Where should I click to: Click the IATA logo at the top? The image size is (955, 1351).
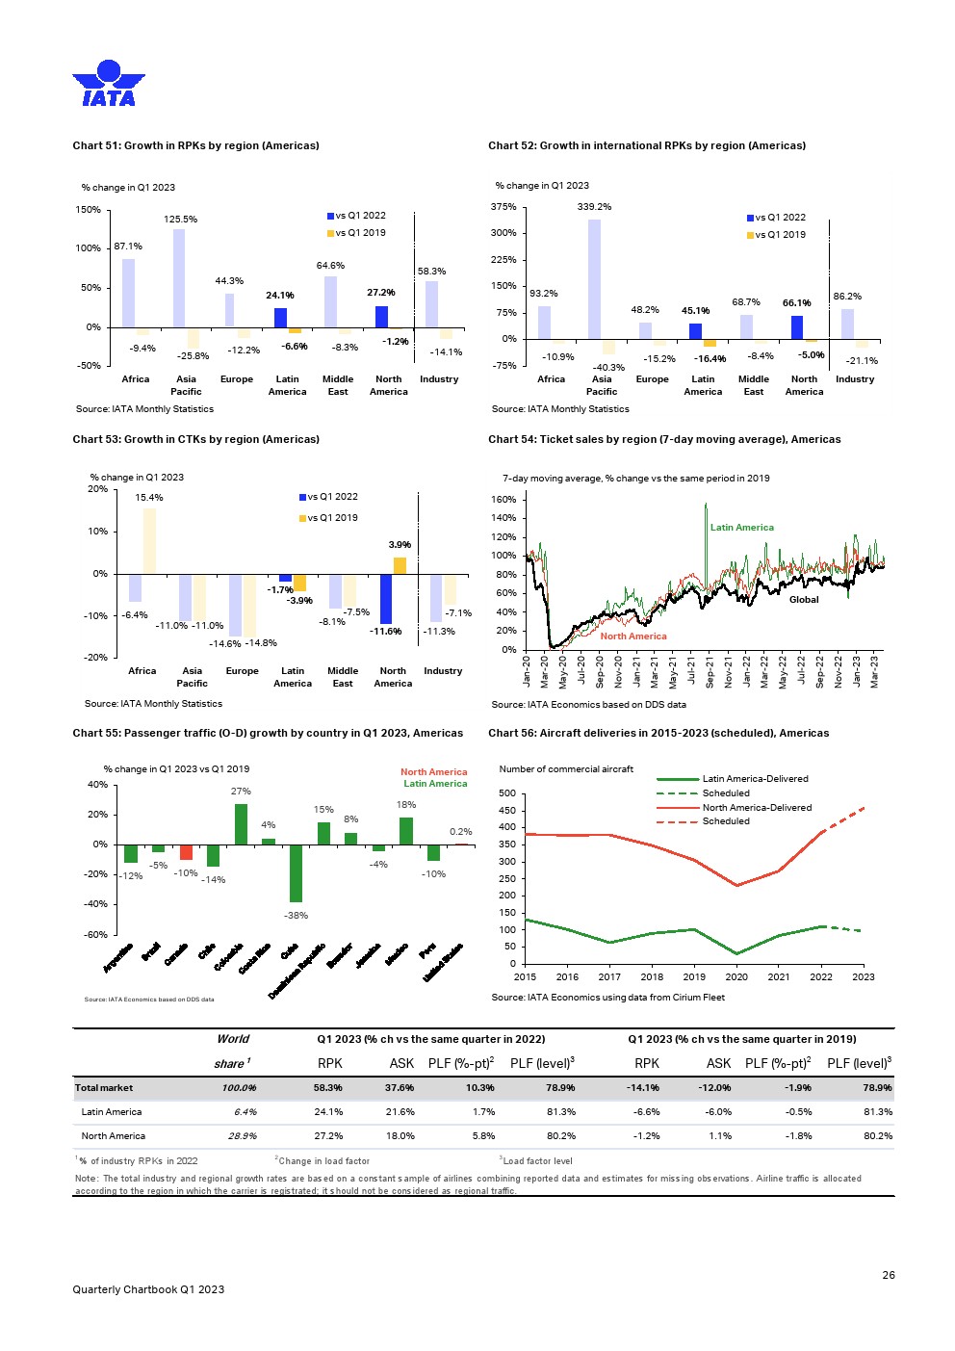(108, 83)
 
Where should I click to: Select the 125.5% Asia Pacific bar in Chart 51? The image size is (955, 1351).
(179, 278)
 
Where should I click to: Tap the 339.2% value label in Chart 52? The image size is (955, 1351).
(594, 207)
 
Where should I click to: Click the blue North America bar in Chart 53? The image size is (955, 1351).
(386, 599)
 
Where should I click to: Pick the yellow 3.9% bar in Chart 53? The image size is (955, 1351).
(400, 565)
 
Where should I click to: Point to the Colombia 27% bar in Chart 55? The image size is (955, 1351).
(241, 824)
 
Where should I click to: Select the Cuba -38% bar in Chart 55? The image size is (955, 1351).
(296, 873)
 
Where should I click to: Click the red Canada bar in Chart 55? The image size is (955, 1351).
(186, 852)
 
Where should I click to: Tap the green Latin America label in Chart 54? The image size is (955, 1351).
(741, 528)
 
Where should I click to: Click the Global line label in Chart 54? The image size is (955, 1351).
(804, 600)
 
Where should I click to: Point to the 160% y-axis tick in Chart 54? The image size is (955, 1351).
(504, 500)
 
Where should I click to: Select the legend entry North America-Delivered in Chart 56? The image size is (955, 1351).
(757, 808)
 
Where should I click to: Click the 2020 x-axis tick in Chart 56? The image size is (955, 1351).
(736, 976)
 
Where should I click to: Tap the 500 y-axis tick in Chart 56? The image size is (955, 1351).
(507, 793)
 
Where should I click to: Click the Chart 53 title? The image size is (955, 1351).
(195, 439)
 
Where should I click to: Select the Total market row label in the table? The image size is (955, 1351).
(104, 1088)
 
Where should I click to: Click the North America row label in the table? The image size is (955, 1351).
(113, 1136)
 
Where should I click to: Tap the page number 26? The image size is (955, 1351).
(889, 1275)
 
